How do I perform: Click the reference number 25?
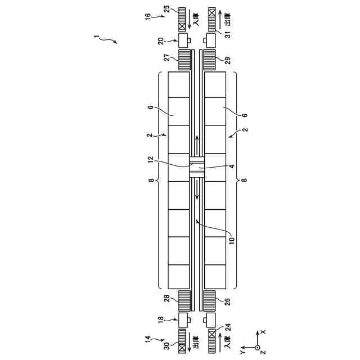[x=168, y=9]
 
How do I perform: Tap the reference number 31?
[x=227, y=34]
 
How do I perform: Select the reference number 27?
[x=168, y=57]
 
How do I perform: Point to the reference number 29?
[x=227, y=60]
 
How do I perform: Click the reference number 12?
[x=150, y=160]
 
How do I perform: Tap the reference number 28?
[x=168, y=298]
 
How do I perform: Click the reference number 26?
[x=227, y=301]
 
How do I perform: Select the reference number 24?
[x=228, y=327]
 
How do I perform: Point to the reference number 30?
[x=168, y=346]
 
